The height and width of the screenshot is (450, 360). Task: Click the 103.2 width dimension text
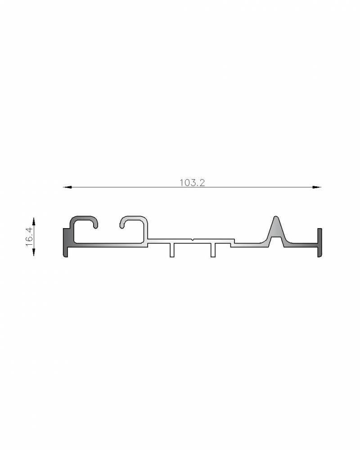tap(192, 182)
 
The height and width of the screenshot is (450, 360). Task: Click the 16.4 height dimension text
tap(29, 237)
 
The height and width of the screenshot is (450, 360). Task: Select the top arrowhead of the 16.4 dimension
tap(34, 220)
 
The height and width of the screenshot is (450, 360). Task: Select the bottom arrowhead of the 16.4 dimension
tap(34, 253)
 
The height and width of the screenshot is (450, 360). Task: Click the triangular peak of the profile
tap(275, 220)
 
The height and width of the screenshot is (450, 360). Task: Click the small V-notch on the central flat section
tap(192, 240)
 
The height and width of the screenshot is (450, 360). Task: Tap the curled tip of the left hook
tap(95, 225)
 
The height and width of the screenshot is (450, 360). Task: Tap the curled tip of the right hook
tap(122, 224)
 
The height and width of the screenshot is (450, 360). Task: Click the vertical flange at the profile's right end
tap(319, 243)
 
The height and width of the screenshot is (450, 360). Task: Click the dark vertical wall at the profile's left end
tap(66, 243)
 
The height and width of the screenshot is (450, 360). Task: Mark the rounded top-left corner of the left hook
tap(73, 220)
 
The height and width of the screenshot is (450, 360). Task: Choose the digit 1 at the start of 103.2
tap(181, 182)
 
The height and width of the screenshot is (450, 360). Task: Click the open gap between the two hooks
tap(108, 225)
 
